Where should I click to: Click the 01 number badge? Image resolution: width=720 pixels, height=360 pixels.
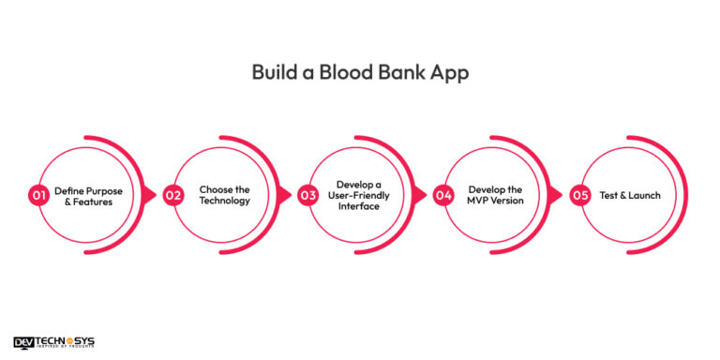pyautogui.click(x=38, y=195)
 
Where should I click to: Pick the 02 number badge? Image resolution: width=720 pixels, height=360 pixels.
pyautogui.click(x=173, y=195)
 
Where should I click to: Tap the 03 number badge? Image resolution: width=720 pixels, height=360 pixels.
pyautogui.click(x=308, y=195)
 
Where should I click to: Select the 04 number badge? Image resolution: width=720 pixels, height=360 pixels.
pyautogui.click(x=443, y=195)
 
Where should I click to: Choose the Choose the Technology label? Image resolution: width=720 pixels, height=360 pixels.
pyautogui.click(x=224, y=195)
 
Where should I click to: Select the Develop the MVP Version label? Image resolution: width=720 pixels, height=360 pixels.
pyautogui.click(x=495, y=195)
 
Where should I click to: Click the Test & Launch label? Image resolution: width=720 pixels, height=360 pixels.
pyautogui.click(x=630, y=195)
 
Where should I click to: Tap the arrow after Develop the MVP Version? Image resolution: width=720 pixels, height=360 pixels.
pyautogui.click(x=555, y=195)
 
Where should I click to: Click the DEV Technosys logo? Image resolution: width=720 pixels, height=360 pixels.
pyautogui.click(x=54, y=343)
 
